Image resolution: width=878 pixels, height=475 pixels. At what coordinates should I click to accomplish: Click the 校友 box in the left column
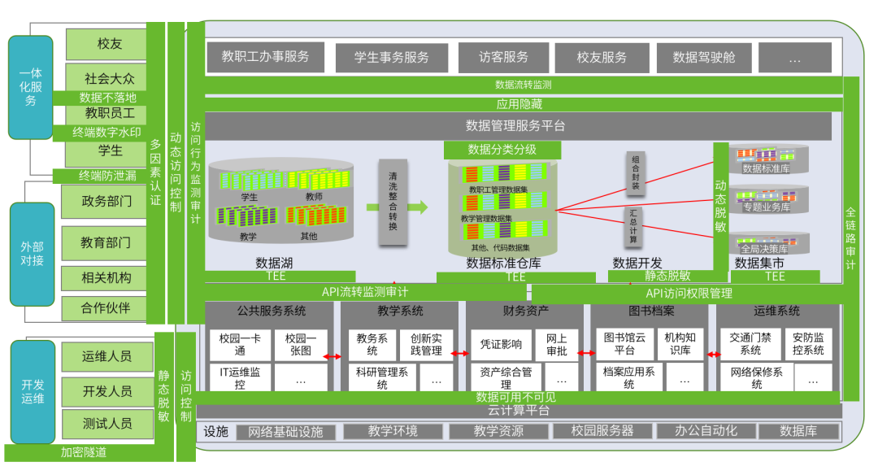[110, 44]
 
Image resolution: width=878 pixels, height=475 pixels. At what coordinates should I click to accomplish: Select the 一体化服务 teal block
[31, 87]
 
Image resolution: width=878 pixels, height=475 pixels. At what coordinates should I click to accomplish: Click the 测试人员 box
[107, 424]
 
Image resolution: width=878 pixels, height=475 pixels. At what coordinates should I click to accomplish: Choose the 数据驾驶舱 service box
[703, 58]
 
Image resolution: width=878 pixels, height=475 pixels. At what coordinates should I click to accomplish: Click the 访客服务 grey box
[503, 58]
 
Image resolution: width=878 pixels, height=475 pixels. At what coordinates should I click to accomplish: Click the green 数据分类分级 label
[502, 150]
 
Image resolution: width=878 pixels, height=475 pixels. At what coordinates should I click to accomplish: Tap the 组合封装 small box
[636, 173]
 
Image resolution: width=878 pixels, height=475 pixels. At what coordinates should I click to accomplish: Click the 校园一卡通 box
[239, 344]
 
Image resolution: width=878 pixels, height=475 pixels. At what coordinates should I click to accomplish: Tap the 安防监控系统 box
[808, 344]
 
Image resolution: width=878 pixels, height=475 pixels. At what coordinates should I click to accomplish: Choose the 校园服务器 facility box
[602, 431]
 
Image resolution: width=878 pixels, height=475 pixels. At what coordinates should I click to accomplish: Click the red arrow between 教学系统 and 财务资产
[460, 354]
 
